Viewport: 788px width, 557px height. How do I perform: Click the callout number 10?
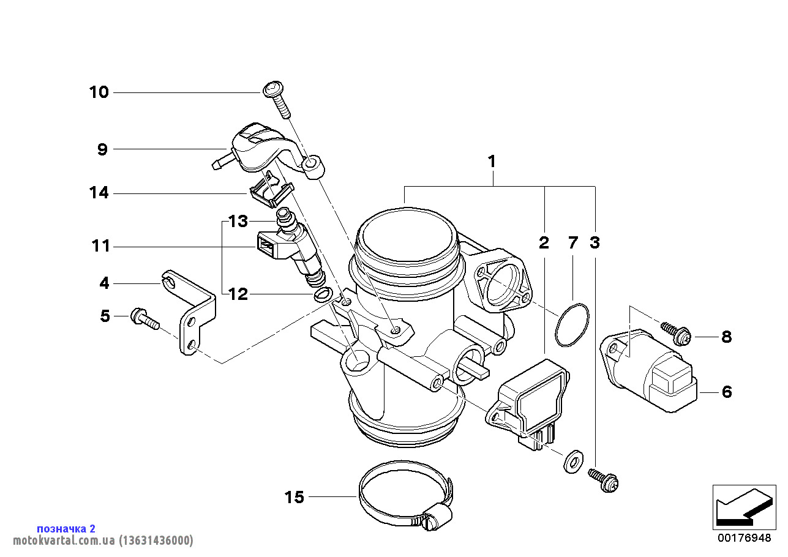99,92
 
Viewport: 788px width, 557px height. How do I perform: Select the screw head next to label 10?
272,90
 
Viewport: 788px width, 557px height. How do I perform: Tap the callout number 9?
102,149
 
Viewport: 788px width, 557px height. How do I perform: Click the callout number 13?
238,220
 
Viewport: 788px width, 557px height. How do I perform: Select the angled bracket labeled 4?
193,312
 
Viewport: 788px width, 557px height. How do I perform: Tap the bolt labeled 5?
144,318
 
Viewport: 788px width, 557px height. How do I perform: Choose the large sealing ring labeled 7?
572,324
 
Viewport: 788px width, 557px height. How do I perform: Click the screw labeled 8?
677,333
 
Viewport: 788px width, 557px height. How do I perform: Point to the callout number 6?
726,392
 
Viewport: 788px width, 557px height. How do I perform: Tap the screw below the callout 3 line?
604,480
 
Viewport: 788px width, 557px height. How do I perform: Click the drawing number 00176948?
744,538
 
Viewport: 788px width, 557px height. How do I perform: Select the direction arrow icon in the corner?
743,506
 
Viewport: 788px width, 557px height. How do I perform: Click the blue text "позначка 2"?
66,528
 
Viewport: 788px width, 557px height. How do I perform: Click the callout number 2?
544,243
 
